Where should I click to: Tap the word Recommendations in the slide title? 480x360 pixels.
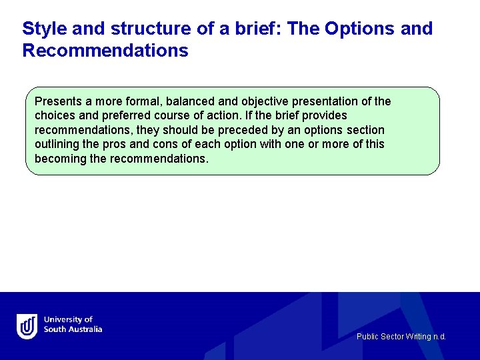tap(105, 51)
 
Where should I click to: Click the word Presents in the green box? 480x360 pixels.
tap(58, 101)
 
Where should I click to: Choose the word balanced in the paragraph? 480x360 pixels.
tap(192, 101)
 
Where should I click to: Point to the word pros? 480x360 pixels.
tap(117, 144)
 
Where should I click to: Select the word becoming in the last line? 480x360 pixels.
tap(61, 159)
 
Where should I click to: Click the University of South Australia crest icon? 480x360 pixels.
tap(27, 325)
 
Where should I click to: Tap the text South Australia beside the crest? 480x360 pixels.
tap(73, 329)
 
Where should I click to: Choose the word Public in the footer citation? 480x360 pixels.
tap(367, 337)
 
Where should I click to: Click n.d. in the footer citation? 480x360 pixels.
tap(439, 337)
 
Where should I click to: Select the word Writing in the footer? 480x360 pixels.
tap(417, 337)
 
